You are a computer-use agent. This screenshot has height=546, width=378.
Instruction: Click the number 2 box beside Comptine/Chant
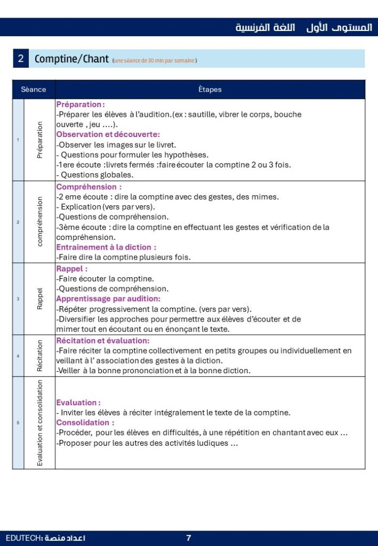click(x=21, y=59)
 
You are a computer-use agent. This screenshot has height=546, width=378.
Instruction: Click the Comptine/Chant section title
click(x=71, y=59)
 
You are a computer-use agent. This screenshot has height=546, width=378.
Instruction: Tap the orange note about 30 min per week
click(x=155, y=61)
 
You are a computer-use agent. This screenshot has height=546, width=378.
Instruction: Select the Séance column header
click(x=34, y=90)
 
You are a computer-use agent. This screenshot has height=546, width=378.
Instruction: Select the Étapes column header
click(x=210, y=90)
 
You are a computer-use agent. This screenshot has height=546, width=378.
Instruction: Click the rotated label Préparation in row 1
click(x=40, y=140)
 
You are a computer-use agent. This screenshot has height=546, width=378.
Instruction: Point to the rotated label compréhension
click(x=40, y=221)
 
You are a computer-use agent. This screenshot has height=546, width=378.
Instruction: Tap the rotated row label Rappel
click(x=40, y=299)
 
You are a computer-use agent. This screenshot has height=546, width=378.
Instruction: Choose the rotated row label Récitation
click(x=40, y=356)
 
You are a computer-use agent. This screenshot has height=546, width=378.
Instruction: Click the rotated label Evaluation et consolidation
click(x=40, y=423)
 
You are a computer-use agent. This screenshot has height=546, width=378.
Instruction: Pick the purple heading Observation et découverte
click(x=108, y=134)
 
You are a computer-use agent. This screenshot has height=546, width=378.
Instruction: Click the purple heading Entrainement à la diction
click(x=107, y=247)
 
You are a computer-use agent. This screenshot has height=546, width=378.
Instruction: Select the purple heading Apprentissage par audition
click(x=108, y=299)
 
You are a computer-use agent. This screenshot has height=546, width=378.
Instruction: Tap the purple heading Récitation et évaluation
click(x=103, y=340)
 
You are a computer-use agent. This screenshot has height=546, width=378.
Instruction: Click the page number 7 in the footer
click(x=189, y=538)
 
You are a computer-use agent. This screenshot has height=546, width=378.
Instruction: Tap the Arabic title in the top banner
click(x=304, y=27)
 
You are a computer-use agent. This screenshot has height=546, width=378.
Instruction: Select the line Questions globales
click(x=95, y=174)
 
